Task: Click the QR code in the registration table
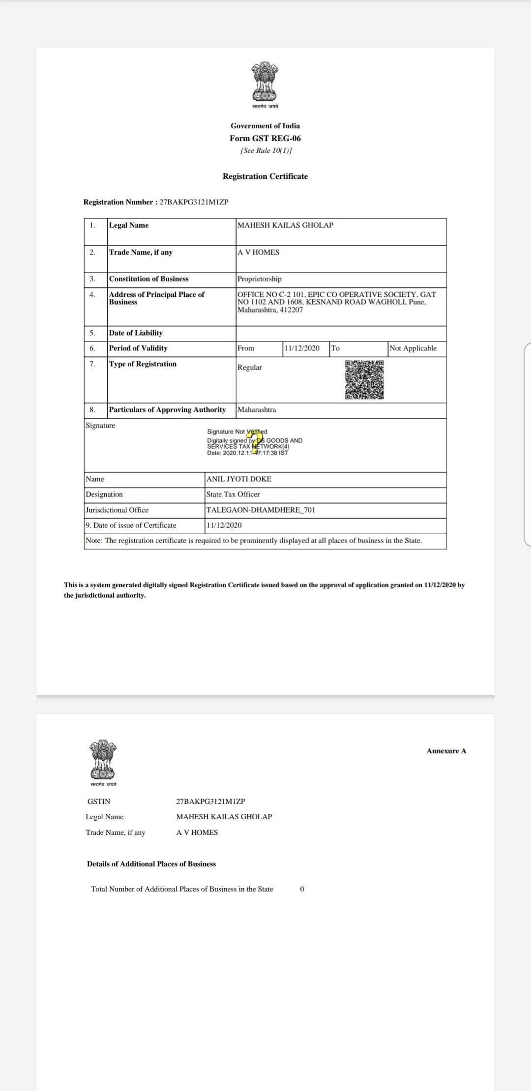coord(364,380)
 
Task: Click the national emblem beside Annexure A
coord(103,760)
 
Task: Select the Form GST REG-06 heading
coord(265,139)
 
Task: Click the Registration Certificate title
coord(265,176)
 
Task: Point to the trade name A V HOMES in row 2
coord(259,252)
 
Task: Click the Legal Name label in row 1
coord(129,225)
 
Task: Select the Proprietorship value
coord(260,279)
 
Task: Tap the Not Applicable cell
coord(413,348)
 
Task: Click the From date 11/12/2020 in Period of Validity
coord(302,348)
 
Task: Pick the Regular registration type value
coord(250,367)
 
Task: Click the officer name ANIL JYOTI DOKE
coord(239,479)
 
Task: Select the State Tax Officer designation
coord(233,494)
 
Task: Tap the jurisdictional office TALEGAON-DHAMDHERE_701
coord(261,510)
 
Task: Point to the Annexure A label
coord(446,751)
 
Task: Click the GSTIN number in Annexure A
coord(210,801)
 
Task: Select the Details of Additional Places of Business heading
coord(151,864)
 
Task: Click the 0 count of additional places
coord(302,889)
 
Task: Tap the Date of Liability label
coord(136,333)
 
